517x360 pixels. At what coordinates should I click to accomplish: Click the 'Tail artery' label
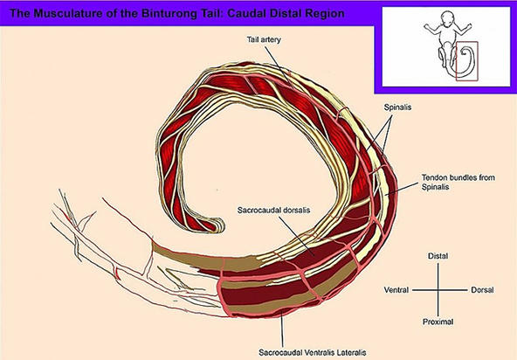pos(264,39)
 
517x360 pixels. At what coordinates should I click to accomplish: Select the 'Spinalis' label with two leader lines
pos(397,107)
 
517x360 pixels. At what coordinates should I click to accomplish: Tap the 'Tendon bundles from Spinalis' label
pos(458,182)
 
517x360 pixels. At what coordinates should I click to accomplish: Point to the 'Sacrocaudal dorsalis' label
pos(273,211)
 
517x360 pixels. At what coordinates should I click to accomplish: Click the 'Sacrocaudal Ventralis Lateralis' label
pos(313,352)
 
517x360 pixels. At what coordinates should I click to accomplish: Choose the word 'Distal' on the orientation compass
pos(438,256)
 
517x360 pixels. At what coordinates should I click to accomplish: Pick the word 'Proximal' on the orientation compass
pos(438,322)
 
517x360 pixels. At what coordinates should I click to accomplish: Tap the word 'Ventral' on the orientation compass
pos(396,290)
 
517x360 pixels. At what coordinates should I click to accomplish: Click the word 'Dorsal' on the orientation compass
pos(482,290)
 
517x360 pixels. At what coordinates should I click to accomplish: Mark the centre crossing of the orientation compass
pos(438,290)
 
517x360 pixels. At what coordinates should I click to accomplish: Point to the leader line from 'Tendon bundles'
pos(403,189)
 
